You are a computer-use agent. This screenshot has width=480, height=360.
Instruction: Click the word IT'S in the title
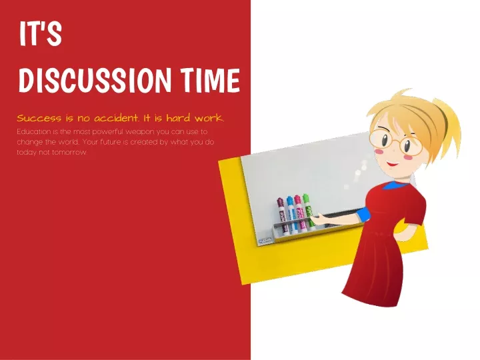point(41,33)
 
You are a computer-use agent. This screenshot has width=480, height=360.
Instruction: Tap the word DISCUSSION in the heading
point(95,80)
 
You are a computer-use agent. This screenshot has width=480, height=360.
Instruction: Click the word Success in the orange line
point(39,118)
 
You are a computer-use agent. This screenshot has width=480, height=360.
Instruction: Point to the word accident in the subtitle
point(116,118)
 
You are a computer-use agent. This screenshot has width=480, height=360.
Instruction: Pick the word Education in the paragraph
point(34,132)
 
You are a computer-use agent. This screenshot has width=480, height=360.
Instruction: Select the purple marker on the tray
point(282,214)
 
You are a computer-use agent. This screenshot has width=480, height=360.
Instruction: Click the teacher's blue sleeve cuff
point(364,214)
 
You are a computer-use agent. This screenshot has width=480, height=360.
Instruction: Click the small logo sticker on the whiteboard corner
point(265,240)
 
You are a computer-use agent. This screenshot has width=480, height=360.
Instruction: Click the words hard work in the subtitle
point(195,118)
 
